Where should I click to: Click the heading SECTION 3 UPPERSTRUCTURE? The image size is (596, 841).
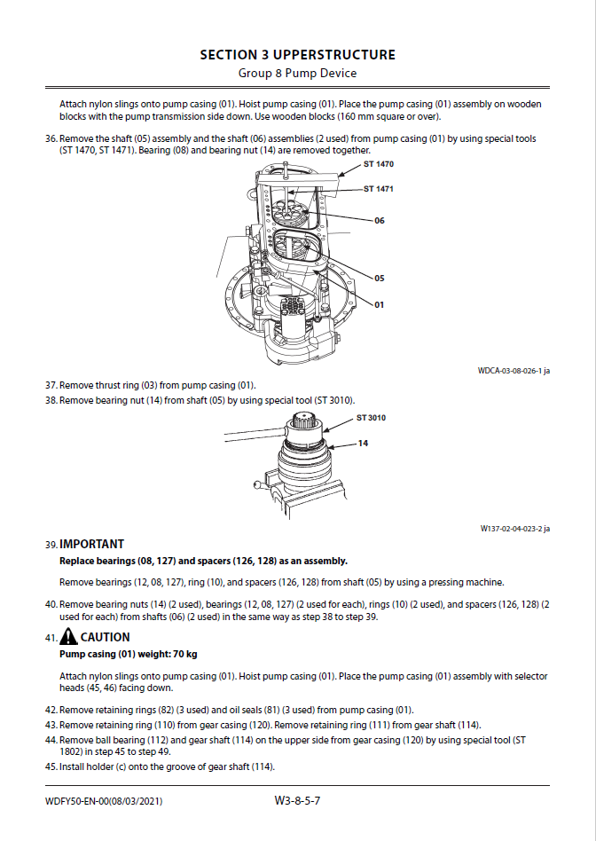pyautogui.click(x=297, y=55)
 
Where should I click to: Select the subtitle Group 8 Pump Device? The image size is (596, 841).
pyautogui.click(x=297, y=73)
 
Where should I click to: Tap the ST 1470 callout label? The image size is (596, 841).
pyautogui.click(x=379, y=165)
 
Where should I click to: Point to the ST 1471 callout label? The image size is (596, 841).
pyautogui.click(x=379, y=189)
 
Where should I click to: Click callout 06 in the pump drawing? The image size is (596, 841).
pyautogui.click(x=380, y=221)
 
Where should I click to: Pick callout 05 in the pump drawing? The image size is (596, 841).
pyautogui.click(x=380, y=279)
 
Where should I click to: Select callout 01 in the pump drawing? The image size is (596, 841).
pyautogui.click(x=380, y=304)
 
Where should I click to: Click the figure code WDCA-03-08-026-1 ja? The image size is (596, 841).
pyautogui.click(x=514, y=372)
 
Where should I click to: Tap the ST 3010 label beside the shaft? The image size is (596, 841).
pyautogui.click(x=371, y=418)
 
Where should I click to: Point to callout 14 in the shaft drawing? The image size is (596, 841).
pyautogui.click(x=363, y=443)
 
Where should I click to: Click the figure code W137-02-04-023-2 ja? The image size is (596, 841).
pyautogui.click(x=514, y=529)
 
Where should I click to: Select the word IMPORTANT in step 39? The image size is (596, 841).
pyautogui.click(x=91, y=544)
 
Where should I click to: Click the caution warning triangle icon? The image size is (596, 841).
pyautogui.click(x=68, y=637)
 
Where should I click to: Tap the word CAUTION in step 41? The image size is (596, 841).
pyautogui.click(x=106, y=637)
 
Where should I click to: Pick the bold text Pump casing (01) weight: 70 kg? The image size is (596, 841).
pyautogui.click(x=128, y=654)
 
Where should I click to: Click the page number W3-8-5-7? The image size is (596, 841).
pyautogui.click(x=297, y=801)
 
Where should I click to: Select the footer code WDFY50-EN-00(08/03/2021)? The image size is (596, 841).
pyautogui.click(x=104, y=802)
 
